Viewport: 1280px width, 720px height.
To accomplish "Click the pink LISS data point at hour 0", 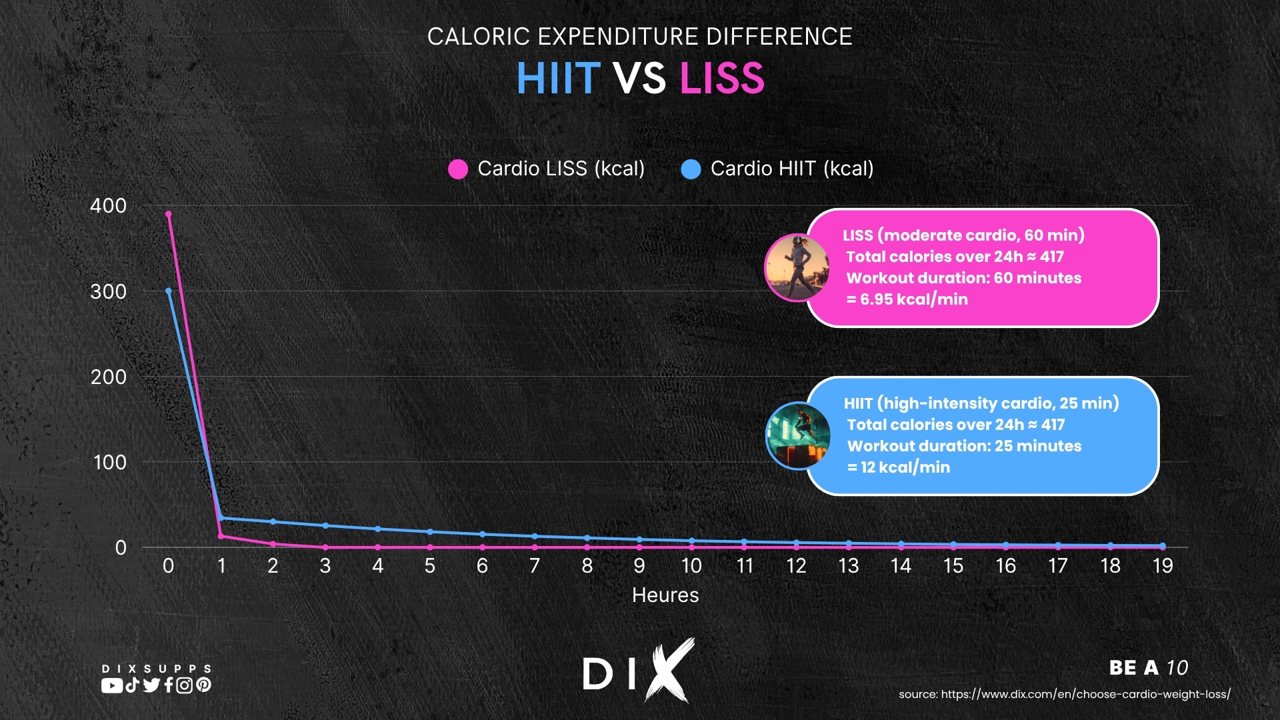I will (168, 214).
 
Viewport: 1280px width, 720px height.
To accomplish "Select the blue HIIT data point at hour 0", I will (168, 291).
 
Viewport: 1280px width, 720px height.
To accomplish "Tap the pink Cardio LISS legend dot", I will (458, 169).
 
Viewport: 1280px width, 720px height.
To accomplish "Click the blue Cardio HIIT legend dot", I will (691, 169).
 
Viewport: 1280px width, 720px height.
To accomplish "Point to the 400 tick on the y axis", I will (108, 206).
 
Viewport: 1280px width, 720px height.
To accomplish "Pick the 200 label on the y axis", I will (108, 377).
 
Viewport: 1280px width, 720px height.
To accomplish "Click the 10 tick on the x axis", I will (691, 566).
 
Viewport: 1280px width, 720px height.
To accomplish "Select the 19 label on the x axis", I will (1163, 566).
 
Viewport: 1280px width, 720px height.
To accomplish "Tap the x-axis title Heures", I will (665, 595).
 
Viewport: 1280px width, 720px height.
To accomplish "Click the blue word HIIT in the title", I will (558, 79).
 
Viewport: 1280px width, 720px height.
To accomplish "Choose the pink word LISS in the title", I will (721, 79).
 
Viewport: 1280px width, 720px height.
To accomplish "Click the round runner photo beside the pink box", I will (797, 267).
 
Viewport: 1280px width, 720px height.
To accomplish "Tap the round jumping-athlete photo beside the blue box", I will (798, 436).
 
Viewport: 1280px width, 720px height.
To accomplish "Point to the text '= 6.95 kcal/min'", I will (907, 299).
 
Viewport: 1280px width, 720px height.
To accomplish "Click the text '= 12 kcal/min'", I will (898, 467).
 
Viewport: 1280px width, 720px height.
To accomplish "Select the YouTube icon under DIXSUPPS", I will (111, 685).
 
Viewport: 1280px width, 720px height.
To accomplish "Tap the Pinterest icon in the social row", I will (204, 685).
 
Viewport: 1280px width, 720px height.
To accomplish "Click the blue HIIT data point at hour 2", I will (273, 522).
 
